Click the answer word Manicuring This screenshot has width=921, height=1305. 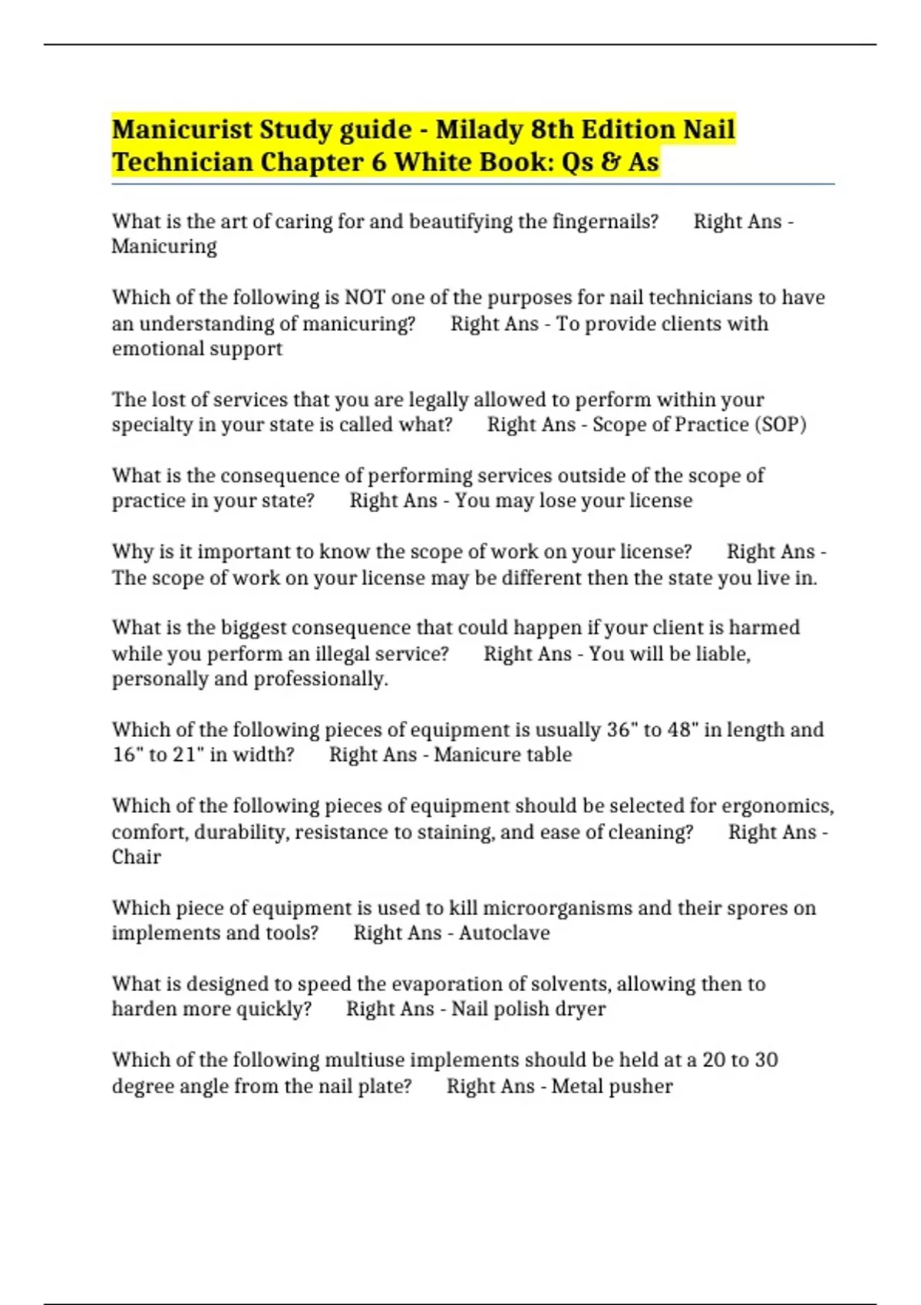coord(164,246)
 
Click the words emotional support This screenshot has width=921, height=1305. coord(197,349)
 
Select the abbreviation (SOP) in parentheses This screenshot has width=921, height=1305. coord(781,425)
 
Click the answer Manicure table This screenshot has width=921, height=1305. coord(503,755)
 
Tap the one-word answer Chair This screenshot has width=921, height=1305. coord(137,857)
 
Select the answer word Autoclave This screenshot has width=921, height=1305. coord(504,933)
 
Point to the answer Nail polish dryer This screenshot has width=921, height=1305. coord(528,1009)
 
